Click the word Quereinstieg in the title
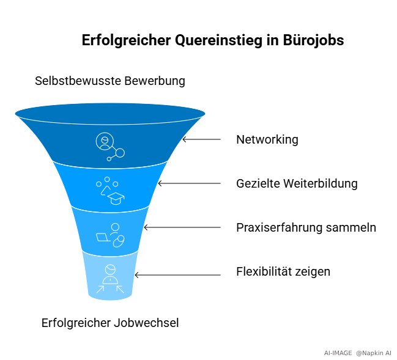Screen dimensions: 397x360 (x=218, y=40)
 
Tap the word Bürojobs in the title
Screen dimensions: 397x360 (x=313, y=40)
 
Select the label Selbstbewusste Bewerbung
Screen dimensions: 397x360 (x=110, y=81)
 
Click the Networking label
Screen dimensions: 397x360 (x=267, y=140)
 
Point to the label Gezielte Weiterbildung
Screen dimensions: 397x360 (x=297, y=184)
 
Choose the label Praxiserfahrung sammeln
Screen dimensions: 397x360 (x=306, y=228)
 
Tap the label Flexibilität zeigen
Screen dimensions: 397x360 (x=283, y=272)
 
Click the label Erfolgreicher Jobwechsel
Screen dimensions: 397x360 (x=110, y=323)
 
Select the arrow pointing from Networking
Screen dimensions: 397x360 (x=201, y=139)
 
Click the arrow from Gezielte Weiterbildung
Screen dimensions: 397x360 (x=189, y=183)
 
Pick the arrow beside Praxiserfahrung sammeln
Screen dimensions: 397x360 (x=182, y=227)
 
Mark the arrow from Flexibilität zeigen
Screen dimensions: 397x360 (x=178, y=275)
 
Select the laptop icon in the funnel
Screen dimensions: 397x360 (x=103, y=238)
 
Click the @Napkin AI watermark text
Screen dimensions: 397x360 (x=374, y=353)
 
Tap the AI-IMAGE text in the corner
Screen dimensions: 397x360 (x=338, y=353)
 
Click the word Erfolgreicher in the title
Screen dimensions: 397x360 (x=127, y=40)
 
